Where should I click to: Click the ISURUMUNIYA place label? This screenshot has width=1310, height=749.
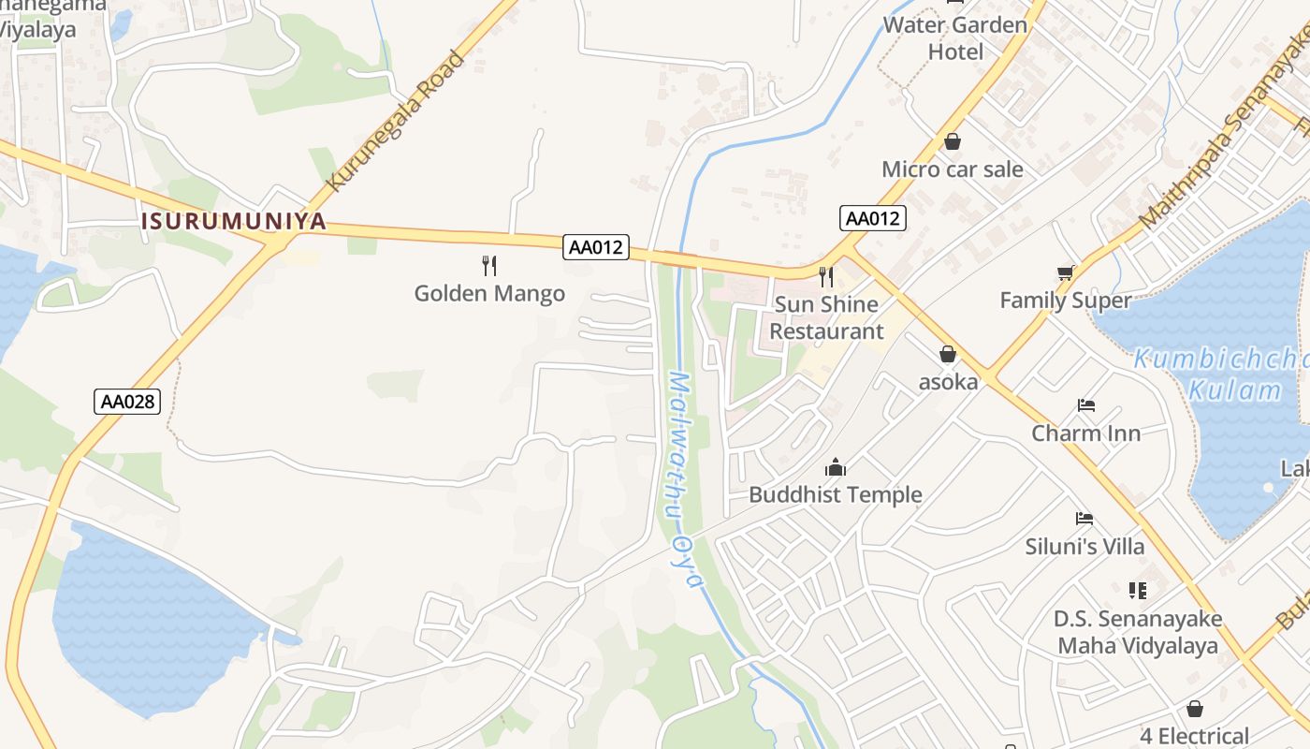[x=234, y=222]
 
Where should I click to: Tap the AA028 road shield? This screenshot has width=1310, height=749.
[x=127, y=402]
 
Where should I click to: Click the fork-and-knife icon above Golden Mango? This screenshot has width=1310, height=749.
[x=489, y=266]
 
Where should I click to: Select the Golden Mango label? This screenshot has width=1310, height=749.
[x=489, y=293]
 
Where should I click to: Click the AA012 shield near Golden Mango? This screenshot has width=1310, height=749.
[x=596, y=247]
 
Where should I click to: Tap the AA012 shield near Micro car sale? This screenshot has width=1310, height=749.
[x=872, y=218]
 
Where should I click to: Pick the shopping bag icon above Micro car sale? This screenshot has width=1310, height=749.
[x=953, y=141]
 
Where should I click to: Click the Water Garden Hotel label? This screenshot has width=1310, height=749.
[x=955, y=37]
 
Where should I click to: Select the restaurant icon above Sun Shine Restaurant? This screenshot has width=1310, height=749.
[x=825, y=276]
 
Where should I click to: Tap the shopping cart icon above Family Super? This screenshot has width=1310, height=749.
[x=1065, y=272]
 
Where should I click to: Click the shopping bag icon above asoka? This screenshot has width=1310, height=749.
[x=948, y=354]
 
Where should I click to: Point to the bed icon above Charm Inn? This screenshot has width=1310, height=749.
[x=1085, y=406]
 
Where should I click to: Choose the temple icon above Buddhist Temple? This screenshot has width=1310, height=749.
[x=835, y=467]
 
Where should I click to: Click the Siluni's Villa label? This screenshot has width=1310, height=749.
[x=1084, y=546]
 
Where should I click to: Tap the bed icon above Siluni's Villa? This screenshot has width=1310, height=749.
[x=1084, y=519]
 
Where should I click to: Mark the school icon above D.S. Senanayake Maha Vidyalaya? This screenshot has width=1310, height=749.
[x=1138, y=590]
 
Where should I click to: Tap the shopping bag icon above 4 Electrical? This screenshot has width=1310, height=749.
[x=1194, y=709]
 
